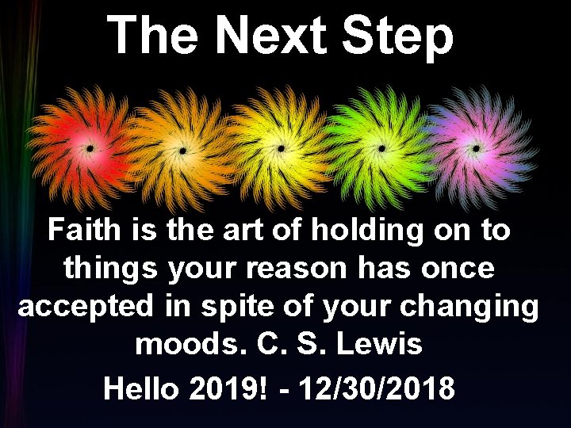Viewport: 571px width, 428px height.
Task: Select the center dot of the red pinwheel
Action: click(90, 148)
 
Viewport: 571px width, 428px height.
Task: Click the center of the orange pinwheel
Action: click(183, 149)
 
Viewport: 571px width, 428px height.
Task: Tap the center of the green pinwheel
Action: click(381, 148)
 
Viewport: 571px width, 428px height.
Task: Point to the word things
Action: click(111, 269)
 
